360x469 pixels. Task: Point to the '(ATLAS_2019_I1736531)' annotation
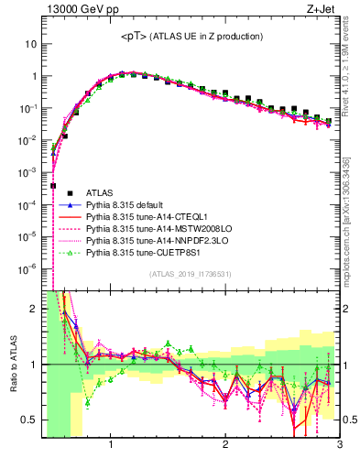pyautogui.click(x=191, y=274)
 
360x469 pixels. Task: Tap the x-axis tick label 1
pyautogui.click(x=111, y=446)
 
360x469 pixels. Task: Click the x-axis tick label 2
pyautogui.click(x=225, y=446)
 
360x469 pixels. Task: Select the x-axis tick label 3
pyautogui.click(x=339, y=446)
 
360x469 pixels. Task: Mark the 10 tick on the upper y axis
pyautogui.click(x=30, y=44)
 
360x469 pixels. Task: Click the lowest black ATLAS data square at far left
pyautogui.click(x=53, y=185)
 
